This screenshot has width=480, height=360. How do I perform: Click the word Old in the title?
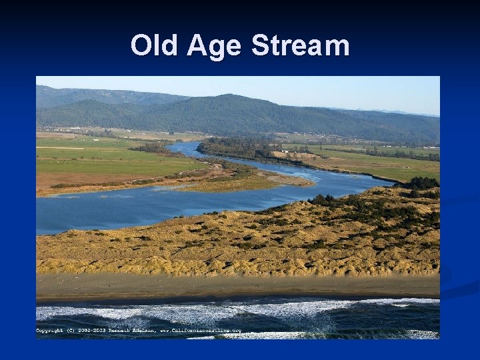(x=155, y=46)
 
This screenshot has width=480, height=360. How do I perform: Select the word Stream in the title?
(x=300, y=46)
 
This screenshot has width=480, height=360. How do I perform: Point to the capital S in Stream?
(x=261, y=46)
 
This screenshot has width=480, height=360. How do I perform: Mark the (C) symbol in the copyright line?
(x=72, y=331)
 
